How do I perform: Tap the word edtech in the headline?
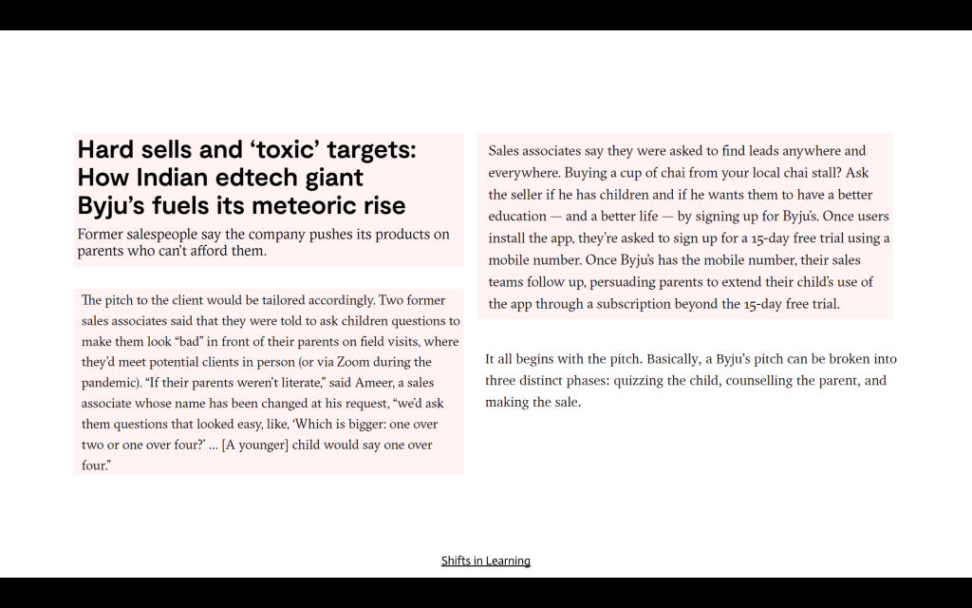(x=253, y=178)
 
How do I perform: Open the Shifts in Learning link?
(x=485, y=560)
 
